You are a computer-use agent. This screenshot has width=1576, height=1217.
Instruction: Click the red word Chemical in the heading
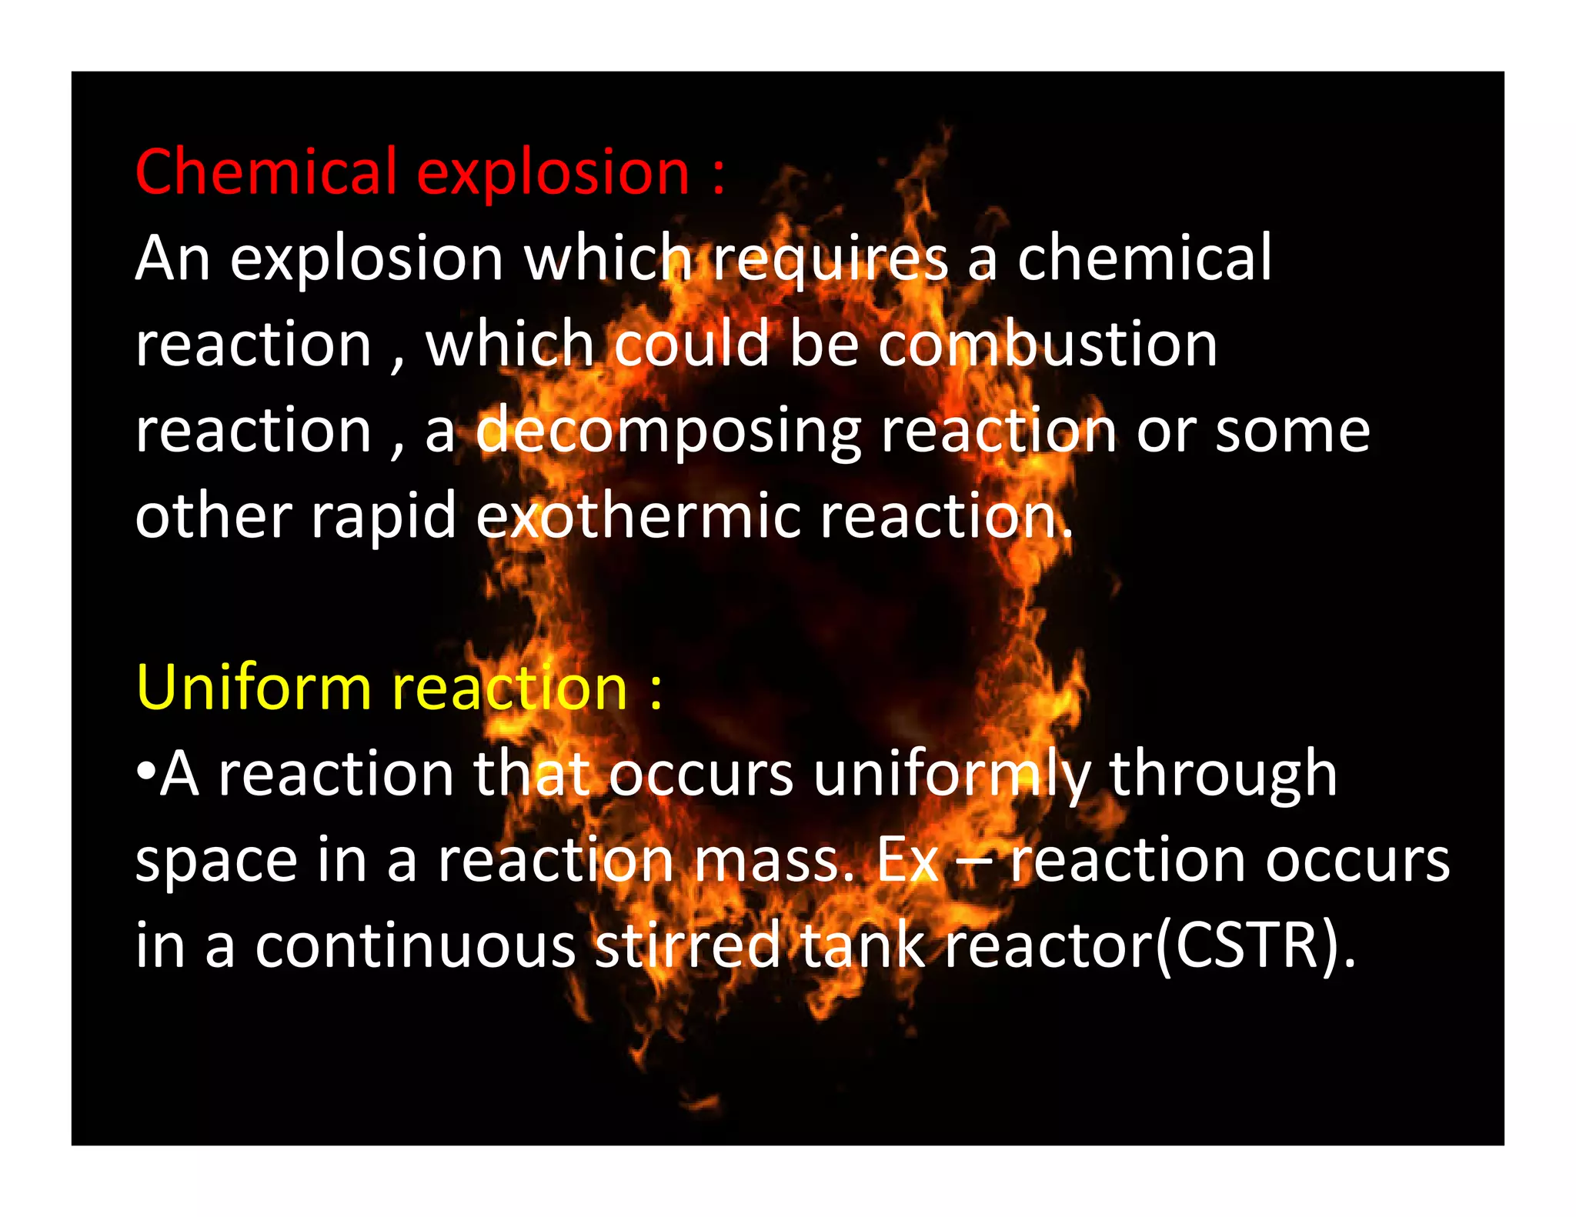click(265, 172)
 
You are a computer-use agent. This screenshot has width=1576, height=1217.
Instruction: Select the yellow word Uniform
click(254, 687)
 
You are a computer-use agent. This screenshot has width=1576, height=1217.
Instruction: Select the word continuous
click(416, 946)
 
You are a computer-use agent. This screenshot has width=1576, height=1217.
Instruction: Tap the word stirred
click(688, 945)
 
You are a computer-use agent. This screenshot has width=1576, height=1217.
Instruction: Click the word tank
click(862, 945)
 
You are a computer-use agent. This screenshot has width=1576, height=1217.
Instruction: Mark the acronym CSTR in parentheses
click(1248, 946)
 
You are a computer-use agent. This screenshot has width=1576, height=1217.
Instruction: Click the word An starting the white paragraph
click(173, 258)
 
